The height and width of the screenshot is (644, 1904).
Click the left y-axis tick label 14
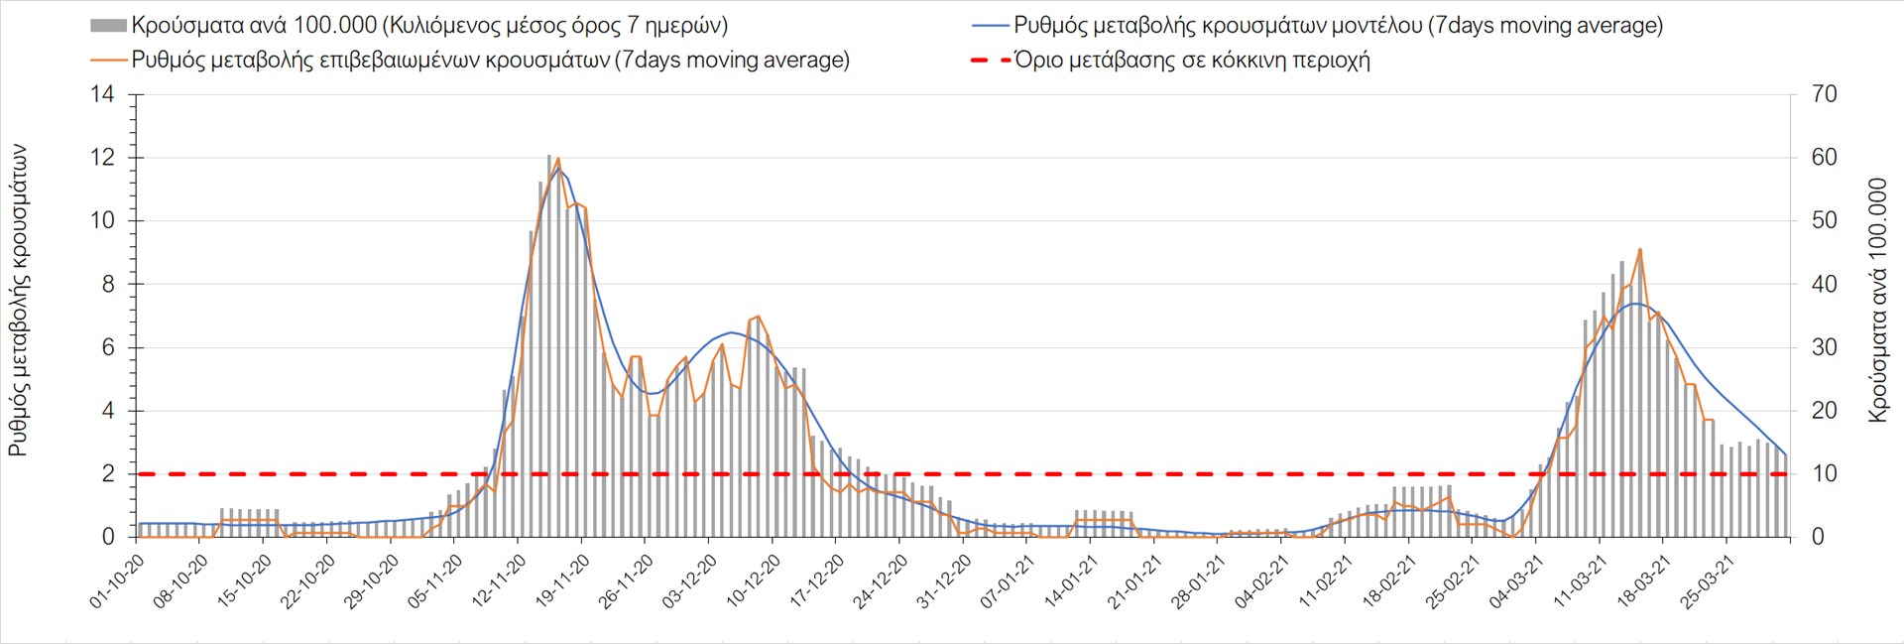coord(103,95)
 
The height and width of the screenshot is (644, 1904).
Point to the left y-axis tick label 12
coord(103,159)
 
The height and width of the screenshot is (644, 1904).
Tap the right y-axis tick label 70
coord(1824,95)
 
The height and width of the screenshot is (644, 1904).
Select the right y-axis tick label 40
coord(1824,285)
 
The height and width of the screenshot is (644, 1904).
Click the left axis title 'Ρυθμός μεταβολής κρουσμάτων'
coord(18,300)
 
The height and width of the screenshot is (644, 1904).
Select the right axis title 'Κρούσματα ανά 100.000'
coord(1877,300)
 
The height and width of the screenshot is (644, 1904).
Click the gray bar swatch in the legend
coord(108,26)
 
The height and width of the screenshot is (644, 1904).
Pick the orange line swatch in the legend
coord(108,61)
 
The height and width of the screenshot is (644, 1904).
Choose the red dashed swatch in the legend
coord(991,61)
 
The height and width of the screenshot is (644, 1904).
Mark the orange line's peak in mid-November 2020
coord(558,159)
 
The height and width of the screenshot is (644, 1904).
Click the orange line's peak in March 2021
coord(1640,250)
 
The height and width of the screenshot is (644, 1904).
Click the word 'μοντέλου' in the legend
coord(1372,26)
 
